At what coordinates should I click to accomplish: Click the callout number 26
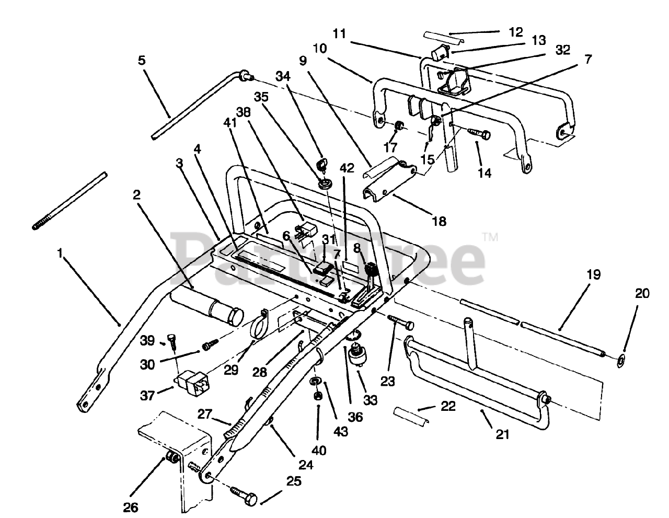131,507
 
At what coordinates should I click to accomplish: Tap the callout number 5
142,61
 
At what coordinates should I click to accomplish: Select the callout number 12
515,32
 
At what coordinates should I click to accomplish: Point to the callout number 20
642,294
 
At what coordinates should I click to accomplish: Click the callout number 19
594,274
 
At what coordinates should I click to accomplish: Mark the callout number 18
440,221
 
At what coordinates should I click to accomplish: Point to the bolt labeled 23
401,323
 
